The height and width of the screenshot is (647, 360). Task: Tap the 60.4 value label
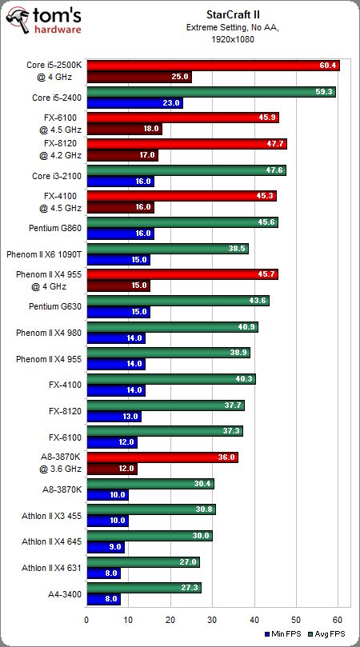(x=328, y=66)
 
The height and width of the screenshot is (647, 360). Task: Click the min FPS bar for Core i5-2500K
(x=138, y=77)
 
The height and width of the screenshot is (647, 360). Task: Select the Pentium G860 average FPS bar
(x=182, y=222)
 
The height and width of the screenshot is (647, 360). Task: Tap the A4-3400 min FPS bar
(x=102, y=598)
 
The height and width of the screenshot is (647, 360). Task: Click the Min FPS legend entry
(x=284, y=633)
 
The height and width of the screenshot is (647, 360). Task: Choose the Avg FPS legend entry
(x=328, y=633)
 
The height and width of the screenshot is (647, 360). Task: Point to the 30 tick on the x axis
(x=212, y=618)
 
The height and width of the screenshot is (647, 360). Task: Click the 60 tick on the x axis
(x=338, y=618)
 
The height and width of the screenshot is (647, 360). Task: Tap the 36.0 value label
(x=226, y=457)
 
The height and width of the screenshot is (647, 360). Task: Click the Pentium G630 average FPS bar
(x=178, y=301)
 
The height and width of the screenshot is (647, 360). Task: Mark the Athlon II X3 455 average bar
(x=150, y=509)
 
